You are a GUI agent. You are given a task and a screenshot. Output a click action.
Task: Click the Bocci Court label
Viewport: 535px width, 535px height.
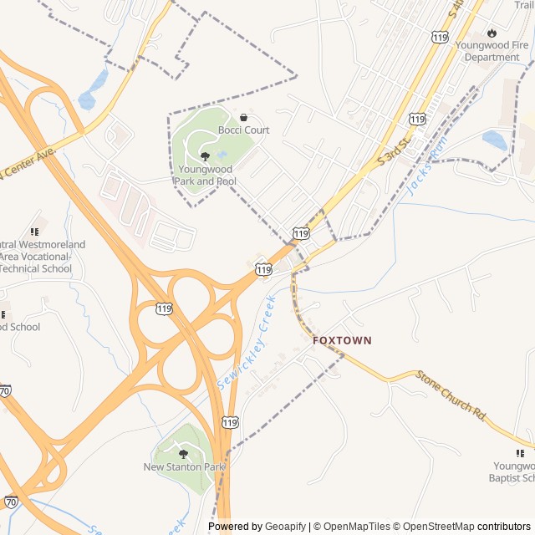243,130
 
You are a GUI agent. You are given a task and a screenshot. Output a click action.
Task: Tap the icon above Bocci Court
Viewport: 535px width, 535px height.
243,118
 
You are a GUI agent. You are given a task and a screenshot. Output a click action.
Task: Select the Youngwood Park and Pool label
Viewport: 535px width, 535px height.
206,176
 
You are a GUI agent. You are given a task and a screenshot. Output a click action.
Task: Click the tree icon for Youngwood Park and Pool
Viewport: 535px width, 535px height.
205,156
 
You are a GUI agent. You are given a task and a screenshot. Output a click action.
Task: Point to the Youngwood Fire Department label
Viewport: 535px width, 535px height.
492,51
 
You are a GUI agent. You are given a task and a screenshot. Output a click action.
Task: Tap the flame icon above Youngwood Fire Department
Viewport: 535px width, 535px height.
491,33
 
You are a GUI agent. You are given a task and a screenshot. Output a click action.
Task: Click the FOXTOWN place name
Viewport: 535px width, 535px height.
342,341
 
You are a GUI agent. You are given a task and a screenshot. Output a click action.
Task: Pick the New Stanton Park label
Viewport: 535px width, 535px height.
184,466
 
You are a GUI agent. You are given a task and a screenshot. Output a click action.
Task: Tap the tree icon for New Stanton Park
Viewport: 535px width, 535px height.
183,454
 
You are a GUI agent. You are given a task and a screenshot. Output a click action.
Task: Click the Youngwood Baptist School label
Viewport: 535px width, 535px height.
512,471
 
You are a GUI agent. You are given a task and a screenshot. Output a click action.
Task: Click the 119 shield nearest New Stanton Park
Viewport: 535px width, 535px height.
230,424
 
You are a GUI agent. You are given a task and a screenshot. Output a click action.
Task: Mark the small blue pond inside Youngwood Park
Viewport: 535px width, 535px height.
222,155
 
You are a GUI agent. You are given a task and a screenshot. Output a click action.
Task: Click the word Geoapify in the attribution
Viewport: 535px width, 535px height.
285,527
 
